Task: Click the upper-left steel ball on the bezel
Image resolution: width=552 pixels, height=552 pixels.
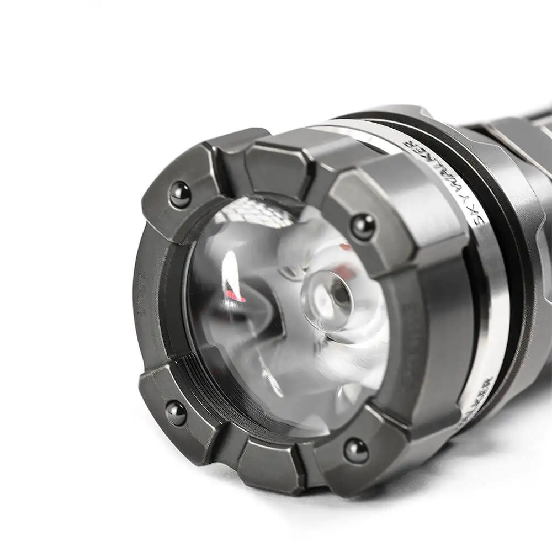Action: (180, 195)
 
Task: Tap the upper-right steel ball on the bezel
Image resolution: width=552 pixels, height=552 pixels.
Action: (363, 226)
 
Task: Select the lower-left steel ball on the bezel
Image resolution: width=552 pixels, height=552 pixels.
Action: (176, 413)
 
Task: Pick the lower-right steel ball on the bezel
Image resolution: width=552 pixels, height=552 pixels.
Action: (356, 451)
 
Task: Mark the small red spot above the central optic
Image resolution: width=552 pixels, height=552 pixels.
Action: (344, 247)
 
